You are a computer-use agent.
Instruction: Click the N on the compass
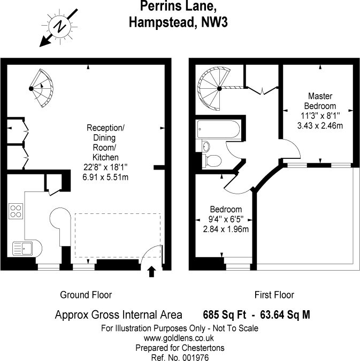click(x=60, y=26)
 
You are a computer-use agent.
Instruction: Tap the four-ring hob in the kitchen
click(x=16, y=211)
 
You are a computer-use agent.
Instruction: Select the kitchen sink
click(x=22, y=248)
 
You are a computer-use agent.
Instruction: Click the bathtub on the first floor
click(x=219, y=129)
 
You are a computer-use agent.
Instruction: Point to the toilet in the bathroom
click(x=212, y=160)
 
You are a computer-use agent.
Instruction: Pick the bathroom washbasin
click(x=206, y=146)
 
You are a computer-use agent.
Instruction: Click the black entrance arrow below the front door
click(x=151, y=272)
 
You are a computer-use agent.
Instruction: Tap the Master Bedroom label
click(x=320, y=101)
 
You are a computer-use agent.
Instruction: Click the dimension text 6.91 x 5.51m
click(x=105, y=177)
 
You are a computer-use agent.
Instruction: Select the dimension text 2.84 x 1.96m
click(x=226, y=229)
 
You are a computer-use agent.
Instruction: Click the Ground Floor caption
click(x=86, y=295)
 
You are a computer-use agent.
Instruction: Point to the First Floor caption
click(x=274, y=295)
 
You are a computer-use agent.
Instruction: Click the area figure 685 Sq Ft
click(x=224, y=314)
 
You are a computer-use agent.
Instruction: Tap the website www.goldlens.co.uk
click(x=179, y=338)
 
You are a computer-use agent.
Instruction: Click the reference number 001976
click(x=196, y=358)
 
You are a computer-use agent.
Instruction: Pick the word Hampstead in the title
click(x=163, y=22)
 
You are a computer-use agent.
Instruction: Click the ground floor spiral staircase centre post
click(x=31, y=88)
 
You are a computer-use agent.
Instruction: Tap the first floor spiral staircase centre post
click(x=219, y=88)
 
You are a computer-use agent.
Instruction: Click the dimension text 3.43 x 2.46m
click(x=320, y=126)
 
